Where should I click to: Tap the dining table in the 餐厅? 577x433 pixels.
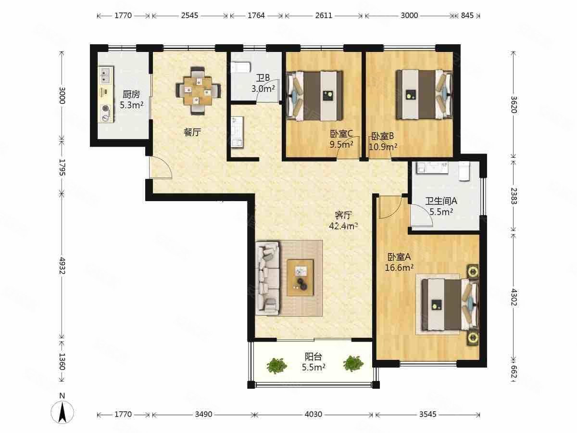click(198, 91)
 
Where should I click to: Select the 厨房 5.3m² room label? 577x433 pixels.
click(131, 100)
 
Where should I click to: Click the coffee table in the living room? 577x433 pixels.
click(300, 278)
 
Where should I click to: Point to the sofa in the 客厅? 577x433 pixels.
click(268, 278)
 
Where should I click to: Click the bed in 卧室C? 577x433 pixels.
click(314, 96)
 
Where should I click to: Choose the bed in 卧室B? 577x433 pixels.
click(424, 94)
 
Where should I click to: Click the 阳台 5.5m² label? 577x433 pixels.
click(314, 362)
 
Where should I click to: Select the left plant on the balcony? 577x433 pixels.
click(276, 365)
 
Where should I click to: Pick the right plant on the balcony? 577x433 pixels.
click(353, 363)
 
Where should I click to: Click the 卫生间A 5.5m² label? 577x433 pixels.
click(441, 206)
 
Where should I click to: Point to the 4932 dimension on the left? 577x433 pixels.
click(62, 266)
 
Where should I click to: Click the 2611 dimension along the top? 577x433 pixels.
click(324, 15)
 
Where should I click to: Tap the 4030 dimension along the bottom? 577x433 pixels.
click(314, 414)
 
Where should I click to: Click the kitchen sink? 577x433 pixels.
click(106, 75)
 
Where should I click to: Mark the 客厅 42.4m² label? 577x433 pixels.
click(343, 220)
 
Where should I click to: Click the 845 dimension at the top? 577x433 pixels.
click(467, 15)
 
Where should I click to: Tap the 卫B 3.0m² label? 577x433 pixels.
click(263, 83)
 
